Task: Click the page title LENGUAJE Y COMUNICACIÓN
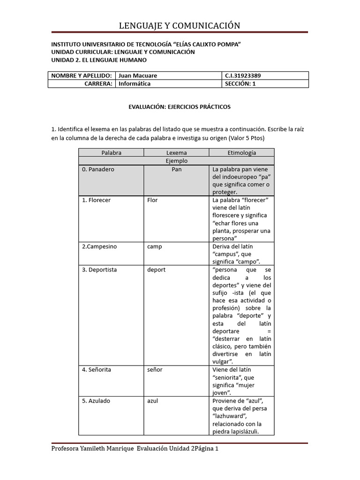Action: coord(180,25)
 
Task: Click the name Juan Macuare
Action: coord(138,75)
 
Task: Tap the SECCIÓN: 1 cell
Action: coord(241,84)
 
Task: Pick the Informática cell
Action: coord(135,84)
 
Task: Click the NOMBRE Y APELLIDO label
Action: coord(81,75)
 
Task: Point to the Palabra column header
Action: coord(111,153)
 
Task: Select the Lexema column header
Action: coord(176,153)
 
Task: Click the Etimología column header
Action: coord(241,153)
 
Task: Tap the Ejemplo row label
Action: coord(176,161)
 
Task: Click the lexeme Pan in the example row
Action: coord(176,169)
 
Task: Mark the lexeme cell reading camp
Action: coord(154,247)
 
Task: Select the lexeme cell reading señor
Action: coord(155,370)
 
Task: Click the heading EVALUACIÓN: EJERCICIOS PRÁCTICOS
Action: coord(180,107)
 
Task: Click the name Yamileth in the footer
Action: coord(94,449)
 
